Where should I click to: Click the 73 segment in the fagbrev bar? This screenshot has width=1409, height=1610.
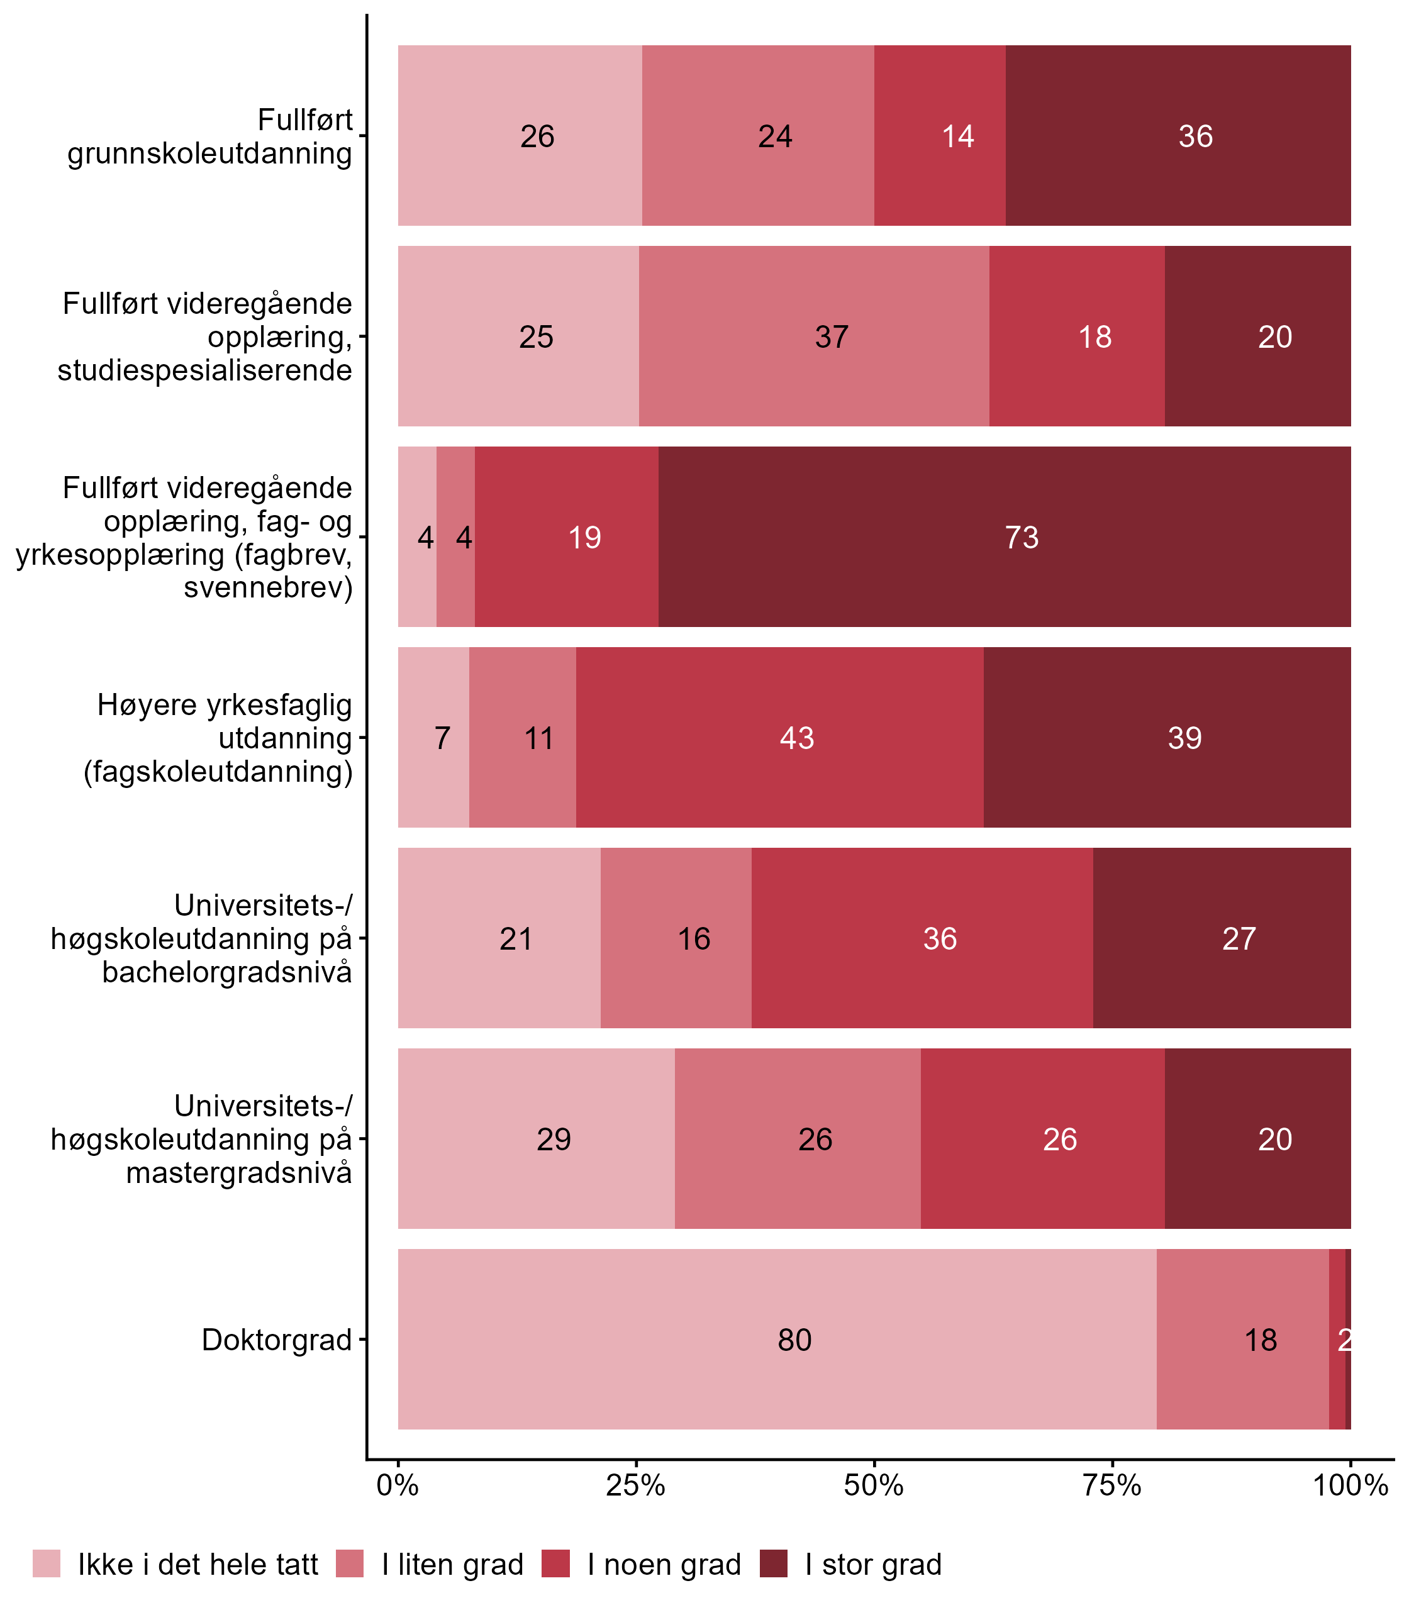click(x=1004, y=537)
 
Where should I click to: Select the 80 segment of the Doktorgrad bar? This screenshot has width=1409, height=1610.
click(x=777, y=1339)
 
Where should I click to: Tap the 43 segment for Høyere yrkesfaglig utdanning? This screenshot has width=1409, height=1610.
click(x=779, y=737)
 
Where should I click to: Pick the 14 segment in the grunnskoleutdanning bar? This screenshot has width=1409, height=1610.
click(x=940, y=136)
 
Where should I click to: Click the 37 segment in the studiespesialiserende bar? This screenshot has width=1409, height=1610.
click(x=814, y=336)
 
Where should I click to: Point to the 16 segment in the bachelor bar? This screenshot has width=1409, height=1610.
click(x=676, y=938)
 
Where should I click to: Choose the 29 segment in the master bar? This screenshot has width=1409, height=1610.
click(x=536, y=1138)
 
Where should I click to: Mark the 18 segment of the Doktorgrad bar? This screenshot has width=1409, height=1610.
click(x=1242, y=1339)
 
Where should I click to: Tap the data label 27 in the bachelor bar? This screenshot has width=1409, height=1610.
click(x=1239, y=938)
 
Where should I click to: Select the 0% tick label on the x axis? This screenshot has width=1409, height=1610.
click(x=398, y=1485)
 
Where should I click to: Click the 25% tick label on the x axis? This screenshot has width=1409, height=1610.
click(x=636, y=1485)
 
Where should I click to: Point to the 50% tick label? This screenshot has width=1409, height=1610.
click(x=874, y=1485)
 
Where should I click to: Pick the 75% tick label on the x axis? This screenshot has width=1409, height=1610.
click(x=1112, y=1485)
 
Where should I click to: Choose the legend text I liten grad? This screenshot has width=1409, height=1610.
click(x=452, y=1565)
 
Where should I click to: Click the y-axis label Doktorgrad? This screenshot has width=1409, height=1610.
click(x=277, y=1340)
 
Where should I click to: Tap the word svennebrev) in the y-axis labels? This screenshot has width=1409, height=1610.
click(x=268, y=587)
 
